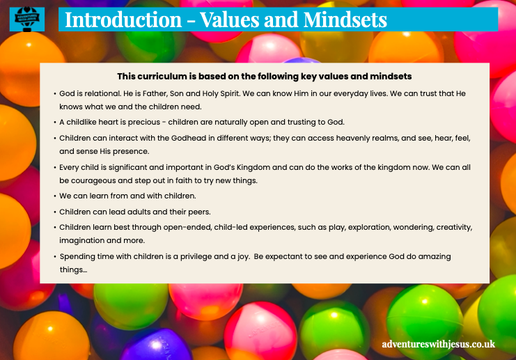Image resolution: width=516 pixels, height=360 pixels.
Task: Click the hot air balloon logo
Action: point(27,19)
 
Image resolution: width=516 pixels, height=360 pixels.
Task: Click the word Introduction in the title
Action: point(123,19)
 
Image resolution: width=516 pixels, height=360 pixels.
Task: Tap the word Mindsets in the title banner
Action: point(345,19)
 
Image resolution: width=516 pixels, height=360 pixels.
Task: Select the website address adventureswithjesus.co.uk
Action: point(438,344)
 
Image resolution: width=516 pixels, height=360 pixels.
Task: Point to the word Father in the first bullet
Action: point(155,93)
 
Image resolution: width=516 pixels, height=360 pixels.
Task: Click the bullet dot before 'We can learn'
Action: point(55,196)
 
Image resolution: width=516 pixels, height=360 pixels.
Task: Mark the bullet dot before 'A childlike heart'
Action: point(55,123)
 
